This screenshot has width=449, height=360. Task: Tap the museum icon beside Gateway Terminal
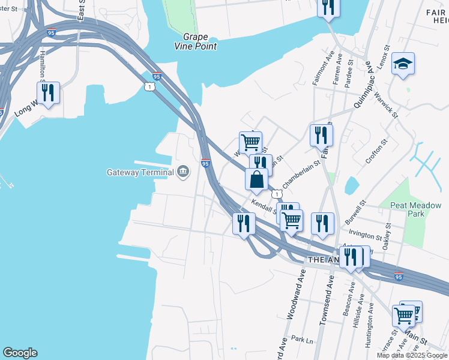coord(183,173)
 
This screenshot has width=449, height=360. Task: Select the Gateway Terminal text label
coord(140,173)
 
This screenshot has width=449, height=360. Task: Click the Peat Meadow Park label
coord(415,209)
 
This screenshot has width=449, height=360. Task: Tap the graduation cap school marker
coord(403,64)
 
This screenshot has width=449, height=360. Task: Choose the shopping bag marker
coord(256,179)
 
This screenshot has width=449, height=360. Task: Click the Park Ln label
coord(302,339)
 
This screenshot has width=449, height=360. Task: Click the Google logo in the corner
coord(20,353)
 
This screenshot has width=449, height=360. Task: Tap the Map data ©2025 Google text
coord(412,355)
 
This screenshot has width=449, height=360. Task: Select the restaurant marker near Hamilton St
coord(48,93)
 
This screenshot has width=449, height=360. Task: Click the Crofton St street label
coord(376,152)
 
